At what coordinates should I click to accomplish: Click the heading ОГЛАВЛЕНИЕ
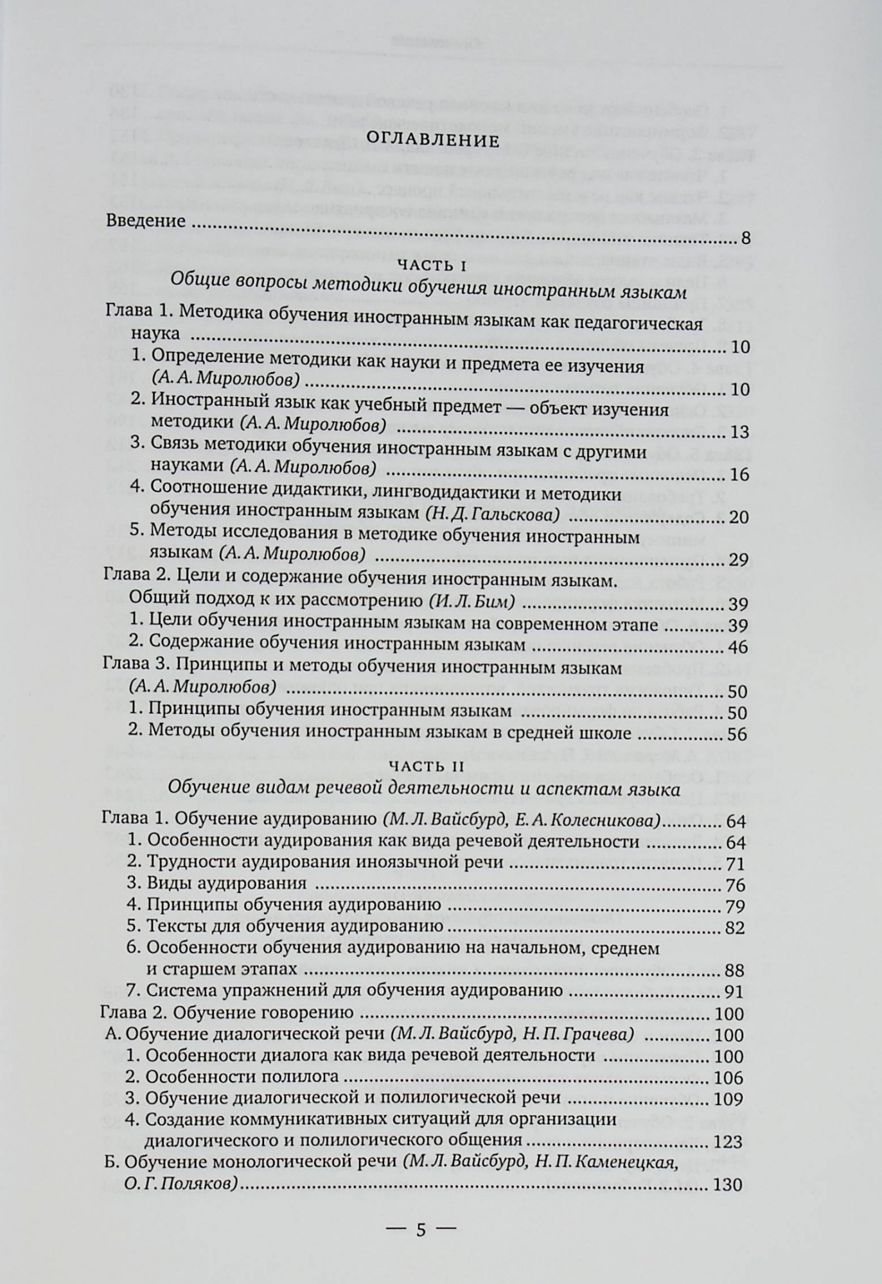[440, 141]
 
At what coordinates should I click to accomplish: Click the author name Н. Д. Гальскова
[492, 514]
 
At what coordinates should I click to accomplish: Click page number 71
[735, 863]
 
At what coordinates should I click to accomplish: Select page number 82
[734, 928]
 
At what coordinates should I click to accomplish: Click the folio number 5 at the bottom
[421, 1230]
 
